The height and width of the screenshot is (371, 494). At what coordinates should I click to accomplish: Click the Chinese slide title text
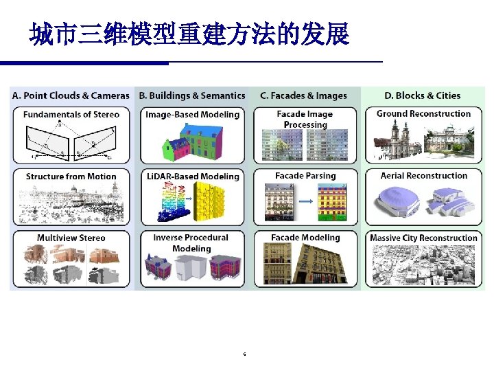point(189,34)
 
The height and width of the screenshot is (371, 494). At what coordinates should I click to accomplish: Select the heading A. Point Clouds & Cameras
point(71,95)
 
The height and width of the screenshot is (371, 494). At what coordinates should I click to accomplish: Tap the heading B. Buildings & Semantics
point(192,95)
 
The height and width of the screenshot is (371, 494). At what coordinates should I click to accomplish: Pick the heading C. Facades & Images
point(304,95)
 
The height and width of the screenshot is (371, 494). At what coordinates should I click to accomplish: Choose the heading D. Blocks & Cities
point(423,95)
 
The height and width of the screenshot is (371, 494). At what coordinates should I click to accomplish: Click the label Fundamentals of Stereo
point(71,114)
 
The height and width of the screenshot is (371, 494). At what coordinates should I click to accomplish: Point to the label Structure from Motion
point(71,177)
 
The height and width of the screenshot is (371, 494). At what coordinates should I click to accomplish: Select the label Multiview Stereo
point(71,238)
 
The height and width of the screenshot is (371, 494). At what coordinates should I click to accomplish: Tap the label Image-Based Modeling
point(193,114)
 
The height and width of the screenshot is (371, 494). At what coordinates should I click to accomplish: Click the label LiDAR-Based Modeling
point(193,177)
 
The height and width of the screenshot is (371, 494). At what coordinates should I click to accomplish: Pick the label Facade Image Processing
point(305,119)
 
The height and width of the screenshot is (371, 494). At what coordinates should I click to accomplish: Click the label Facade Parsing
point(305,176)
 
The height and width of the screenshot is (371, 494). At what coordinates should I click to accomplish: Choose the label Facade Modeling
point(305,238)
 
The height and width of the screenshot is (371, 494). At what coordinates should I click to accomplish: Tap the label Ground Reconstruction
point(423,114)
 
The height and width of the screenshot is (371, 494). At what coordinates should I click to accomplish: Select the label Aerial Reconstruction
point(423,176)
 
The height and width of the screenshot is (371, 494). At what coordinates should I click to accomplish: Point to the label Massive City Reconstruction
point(423,238)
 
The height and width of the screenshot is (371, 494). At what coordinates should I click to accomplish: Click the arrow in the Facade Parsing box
point(306,202)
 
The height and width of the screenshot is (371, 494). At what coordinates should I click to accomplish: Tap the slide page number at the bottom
point(245,355)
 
